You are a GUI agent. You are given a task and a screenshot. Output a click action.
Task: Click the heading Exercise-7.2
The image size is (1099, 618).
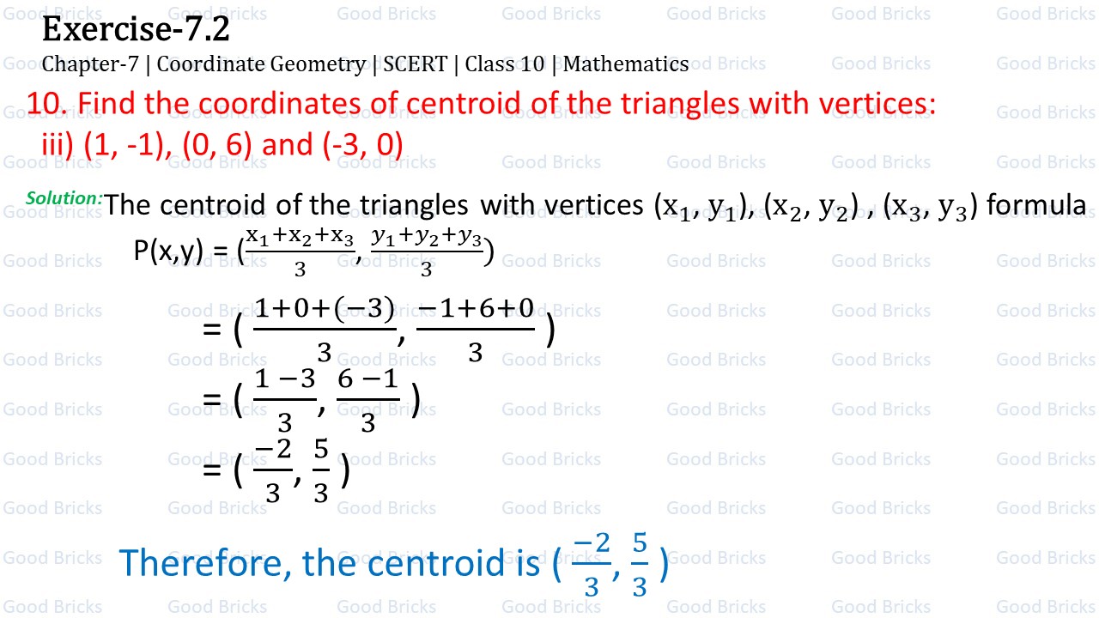(136, 30)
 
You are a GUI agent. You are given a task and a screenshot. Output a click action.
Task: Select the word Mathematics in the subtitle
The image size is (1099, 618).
(626, 64)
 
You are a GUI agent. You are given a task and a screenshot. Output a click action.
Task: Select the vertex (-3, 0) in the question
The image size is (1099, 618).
(363, 144)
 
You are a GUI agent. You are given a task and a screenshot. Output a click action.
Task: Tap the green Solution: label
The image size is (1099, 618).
(64, 198)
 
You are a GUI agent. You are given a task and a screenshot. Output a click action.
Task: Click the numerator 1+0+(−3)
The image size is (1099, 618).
(325, 308)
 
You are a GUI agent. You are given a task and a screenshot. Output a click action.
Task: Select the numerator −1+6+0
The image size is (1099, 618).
(476, 308)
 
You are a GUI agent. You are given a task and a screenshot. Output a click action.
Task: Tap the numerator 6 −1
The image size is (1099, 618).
(368, 379)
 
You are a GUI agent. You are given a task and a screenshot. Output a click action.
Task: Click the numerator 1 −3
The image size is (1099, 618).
(285, 379)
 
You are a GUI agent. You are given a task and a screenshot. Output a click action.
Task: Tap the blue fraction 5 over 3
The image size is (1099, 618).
(640, 565)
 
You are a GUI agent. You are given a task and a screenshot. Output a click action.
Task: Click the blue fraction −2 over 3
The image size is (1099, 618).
(591, 565)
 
